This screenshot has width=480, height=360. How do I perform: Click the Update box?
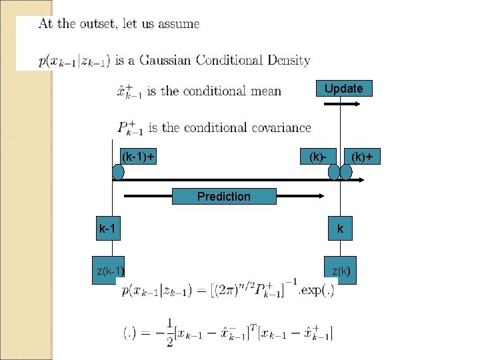tap(343, 89)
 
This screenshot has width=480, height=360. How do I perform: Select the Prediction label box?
tap(224, 196)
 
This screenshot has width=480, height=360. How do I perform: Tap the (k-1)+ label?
tap(137, 157)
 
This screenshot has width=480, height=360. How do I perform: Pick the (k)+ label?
tap(362, 157)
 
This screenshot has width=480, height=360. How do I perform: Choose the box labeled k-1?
tap(107, 229)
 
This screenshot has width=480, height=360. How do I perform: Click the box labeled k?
tap(341, 229)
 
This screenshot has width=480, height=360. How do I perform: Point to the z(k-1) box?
tap(109, 271)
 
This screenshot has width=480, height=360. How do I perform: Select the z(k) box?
tap(341, 271)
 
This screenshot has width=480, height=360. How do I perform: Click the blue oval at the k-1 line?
tap(118, 172)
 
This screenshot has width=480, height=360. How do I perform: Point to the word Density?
tap(289, 61)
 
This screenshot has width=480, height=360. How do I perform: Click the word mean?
tap(266, 91)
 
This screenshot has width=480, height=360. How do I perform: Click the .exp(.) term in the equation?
tap(316, 291)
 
